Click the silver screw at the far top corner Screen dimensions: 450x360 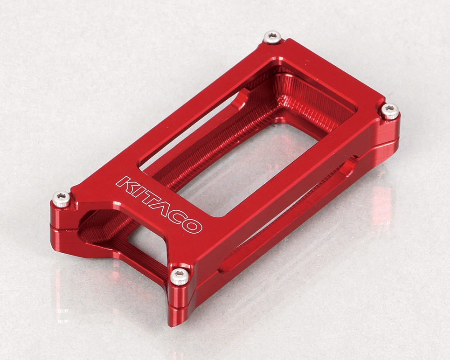(x=272, y=37)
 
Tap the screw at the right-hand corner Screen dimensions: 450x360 (x=390, y=111)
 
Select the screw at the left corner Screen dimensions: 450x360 (x=62, y=199)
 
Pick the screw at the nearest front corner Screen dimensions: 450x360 (x=180, y=277)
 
